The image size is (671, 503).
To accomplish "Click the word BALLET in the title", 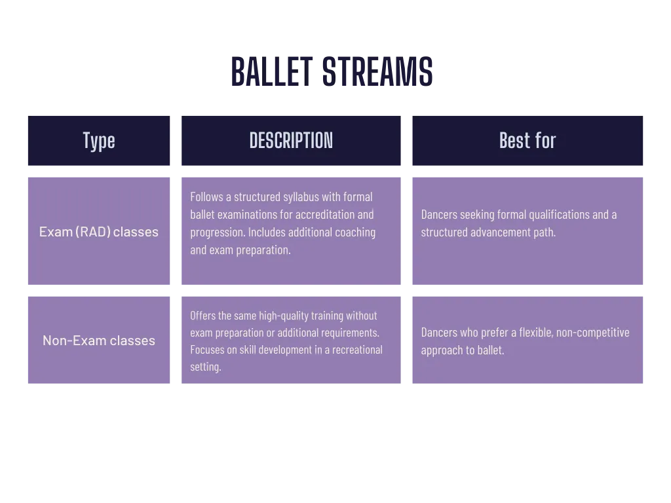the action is click(x=272, y=71).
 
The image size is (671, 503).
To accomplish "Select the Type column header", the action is click(x=99, y=141).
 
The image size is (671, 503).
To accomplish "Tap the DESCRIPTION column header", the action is click(x=291, y=141).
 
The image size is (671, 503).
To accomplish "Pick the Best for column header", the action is click(x=527, y=141).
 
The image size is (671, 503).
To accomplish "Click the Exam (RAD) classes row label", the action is click(x=99, y=232).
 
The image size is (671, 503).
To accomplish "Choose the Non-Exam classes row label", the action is click(x=99, y=341).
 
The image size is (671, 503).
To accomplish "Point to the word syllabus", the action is click(x=301, y=197).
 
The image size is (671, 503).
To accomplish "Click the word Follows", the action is click(x=206, y=196).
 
